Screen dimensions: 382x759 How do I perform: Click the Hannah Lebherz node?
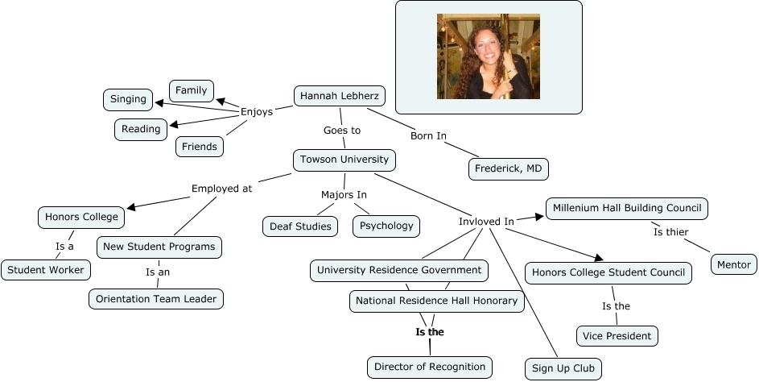click(340, 97)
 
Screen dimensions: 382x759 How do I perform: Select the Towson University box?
click(344, 160)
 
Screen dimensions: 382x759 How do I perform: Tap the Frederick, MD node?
click(508, 168)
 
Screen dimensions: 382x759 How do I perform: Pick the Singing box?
click(129, 99)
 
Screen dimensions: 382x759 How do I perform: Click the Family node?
click(192, 90)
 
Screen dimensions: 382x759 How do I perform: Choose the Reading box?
click(141, 129)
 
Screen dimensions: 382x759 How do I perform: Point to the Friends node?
click(200, 147)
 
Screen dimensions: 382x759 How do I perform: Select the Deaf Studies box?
click(302, 226)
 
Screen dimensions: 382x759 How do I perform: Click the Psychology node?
click(386, 226)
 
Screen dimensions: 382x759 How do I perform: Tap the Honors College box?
click(81, 217)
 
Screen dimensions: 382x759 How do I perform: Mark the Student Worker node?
click(46, 270)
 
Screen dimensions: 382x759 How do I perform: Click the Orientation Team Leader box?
click(156, 298)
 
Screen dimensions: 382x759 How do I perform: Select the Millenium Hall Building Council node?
click(627, 209)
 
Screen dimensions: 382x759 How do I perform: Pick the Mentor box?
click(733, 264)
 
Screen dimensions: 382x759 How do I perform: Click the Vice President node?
click(617, 335)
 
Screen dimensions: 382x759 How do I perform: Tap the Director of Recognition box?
click(429, 367)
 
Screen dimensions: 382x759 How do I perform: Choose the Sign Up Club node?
click(563, 369)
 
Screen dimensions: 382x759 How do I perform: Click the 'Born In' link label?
click(428, 135)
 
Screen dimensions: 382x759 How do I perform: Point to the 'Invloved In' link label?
click(486, 221)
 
